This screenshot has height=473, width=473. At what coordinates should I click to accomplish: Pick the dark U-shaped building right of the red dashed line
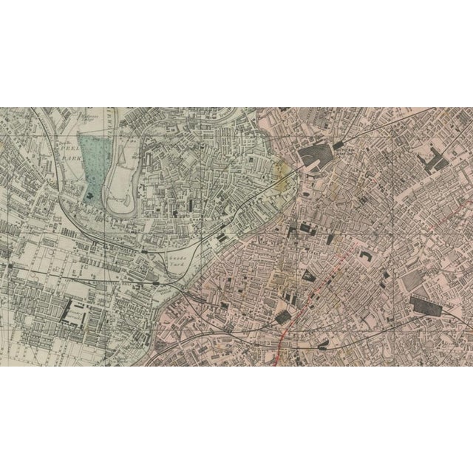pyautogui.click(x=365, y=256)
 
